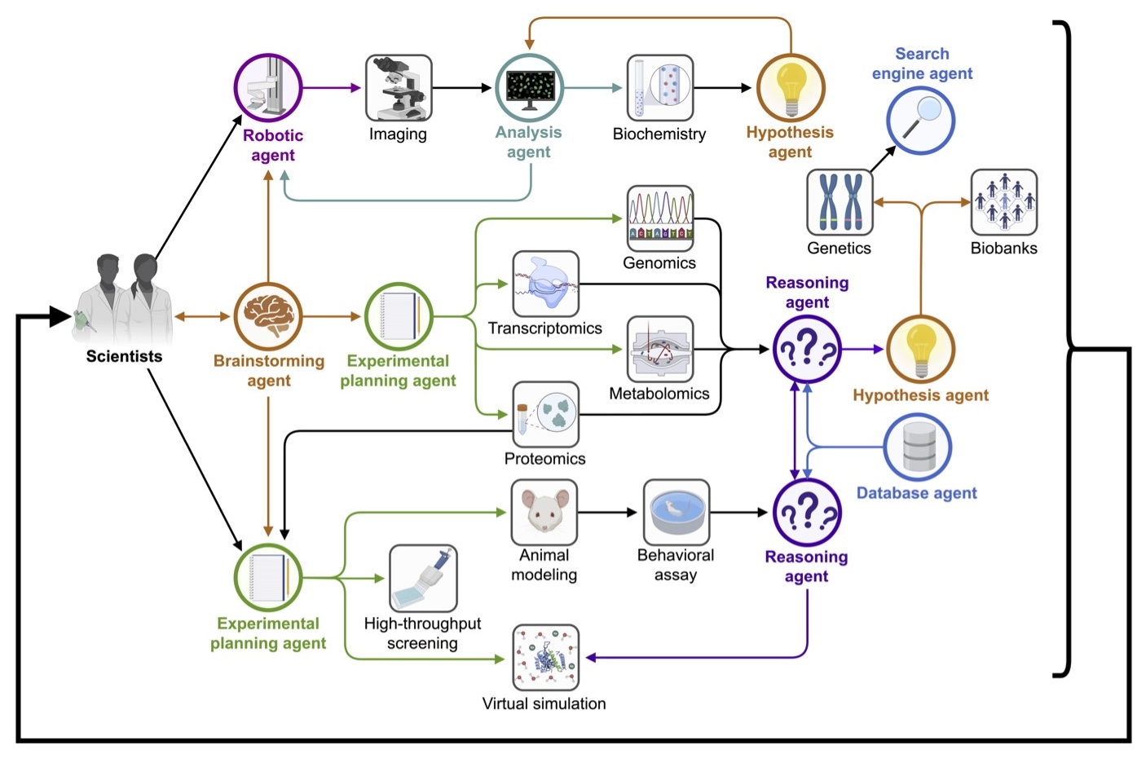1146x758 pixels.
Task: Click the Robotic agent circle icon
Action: [268, 87]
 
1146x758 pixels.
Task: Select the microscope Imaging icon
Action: [399, 88]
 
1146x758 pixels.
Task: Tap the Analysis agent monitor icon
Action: [530, 88]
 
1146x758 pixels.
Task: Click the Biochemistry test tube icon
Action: [660, 88]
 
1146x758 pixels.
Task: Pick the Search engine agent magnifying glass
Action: [920, 121]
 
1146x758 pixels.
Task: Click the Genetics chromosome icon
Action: [840, 203]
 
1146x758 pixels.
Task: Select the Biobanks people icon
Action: [1004, 203]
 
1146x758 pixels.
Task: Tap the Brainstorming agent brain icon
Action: [268, 316]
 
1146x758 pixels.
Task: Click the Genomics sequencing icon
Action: [660, 218]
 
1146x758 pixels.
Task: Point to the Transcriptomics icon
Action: [546, 284]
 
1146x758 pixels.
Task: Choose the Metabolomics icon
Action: [660, 350]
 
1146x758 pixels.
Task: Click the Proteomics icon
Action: [546, 414]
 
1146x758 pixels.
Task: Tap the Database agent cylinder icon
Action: [918, 447]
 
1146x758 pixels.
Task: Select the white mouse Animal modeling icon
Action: [544, 513]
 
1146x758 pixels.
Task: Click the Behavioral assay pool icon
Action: [677, 513]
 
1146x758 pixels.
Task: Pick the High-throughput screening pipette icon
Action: [423, 578]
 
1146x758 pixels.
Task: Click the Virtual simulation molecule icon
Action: [546, 658]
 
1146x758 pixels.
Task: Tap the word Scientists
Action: [124, 356]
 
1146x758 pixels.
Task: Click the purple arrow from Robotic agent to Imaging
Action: [332, 88]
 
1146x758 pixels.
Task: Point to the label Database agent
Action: [917, 493]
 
